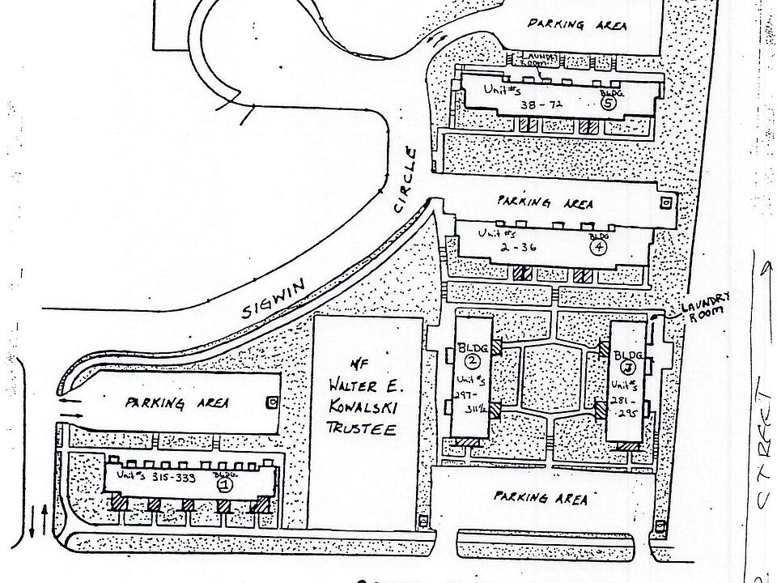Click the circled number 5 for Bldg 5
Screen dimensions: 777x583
tap(609, 102)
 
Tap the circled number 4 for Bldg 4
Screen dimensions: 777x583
tap(598, 248)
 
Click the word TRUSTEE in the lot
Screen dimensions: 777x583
tap(367, 429)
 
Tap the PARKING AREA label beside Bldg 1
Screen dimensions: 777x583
tap(177, 402)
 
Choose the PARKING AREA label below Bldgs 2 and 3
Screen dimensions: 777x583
tap(542, 498)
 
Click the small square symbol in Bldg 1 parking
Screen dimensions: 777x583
tap(274, 401)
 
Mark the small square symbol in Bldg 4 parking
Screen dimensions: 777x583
tap(666, 201)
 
